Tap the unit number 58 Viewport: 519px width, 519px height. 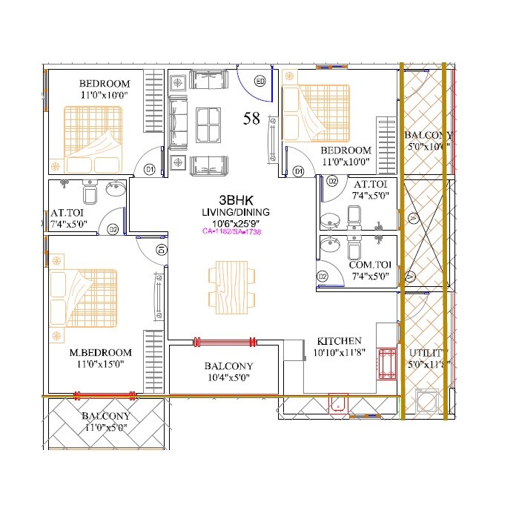[251, 118]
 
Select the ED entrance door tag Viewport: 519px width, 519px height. [260, 81]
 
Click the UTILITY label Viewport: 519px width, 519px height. [425, 353]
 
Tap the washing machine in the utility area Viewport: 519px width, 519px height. [426, 401]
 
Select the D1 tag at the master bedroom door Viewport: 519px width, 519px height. [160, 250]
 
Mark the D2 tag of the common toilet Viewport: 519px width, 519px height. [323, 277]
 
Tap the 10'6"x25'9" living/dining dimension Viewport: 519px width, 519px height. [235, 222]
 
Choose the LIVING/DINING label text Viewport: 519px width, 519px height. [235, 212]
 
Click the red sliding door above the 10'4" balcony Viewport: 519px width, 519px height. [225, 342]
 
